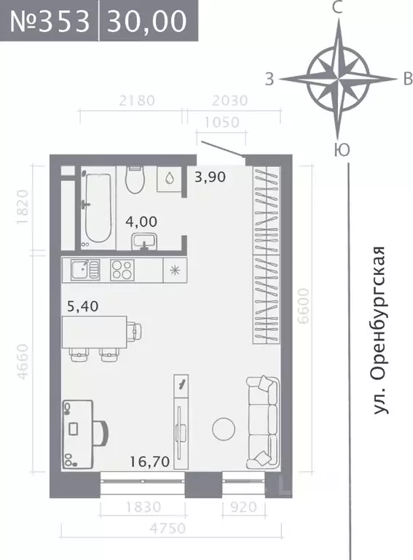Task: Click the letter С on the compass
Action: [x=337, y=8]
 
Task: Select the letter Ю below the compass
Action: [x=339, y=150]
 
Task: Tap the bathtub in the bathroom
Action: [x=98, y=207]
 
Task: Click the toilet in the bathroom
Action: [x=135, y=179]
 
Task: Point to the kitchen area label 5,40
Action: [x=82, y=306]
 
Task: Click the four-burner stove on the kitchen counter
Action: [x=122, y=270]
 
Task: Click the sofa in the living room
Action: [x=262, y=421]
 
